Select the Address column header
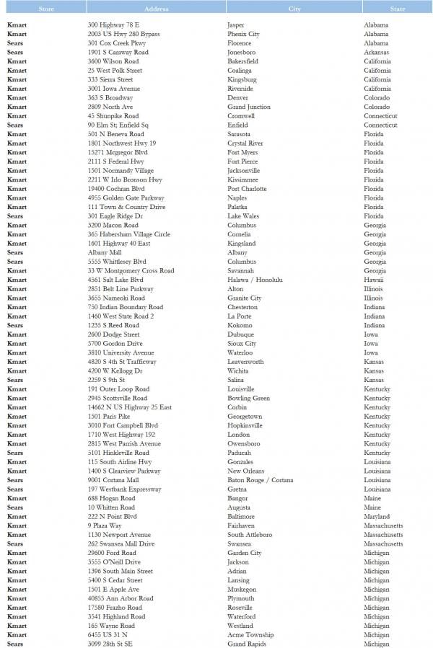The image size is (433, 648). click(156, 9)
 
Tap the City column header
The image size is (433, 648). click(294, 9)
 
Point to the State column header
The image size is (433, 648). click(398, 9)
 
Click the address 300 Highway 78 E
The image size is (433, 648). click(113, 25)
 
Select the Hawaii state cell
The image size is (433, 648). click(374, 280)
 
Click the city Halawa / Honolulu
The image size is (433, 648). click(255, 280)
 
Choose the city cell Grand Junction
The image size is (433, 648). click(249, 107)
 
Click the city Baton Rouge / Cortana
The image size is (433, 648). click(260, 480)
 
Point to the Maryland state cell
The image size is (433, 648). click(377, 516)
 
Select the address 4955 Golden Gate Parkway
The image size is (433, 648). click(126, 197)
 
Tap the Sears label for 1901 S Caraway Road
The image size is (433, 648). click(15, 52)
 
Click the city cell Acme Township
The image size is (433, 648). click(250, 634)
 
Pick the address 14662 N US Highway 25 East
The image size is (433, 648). click(130, 407)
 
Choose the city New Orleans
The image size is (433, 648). click(245, 471)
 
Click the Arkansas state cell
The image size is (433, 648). click(376, 52)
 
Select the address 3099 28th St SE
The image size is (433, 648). click(110, 644)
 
